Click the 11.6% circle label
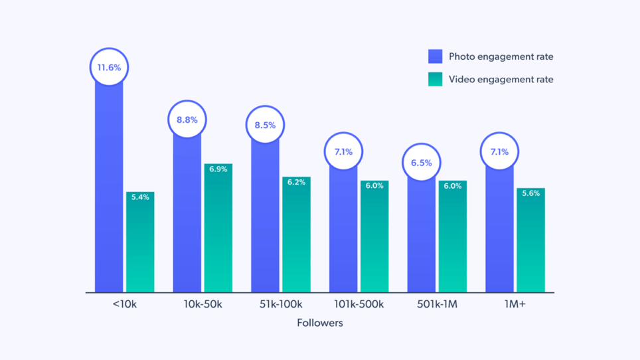click(109, 68)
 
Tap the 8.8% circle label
click(187, 120)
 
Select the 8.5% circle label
click(265, 125)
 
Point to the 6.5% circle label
click(421, 163)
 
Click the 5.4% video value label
click(140, 197)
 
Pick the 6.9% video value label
click(218, 169)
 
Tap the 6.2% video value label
click(296, 182)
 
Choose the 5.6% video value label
click(530, 193)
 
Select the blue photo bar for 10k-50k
click(187, 219)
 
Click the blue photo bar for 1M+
click(499, 232)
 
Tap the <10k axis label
click(125, 305)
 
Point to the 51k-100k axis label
click(281, 305)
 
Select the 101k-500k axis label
click(359, 305)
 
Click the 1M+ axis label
click(515, 305)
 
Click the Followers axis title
click(320, 323)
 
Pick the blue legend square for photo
click(435, 56)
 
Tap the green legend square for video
click(435, 79)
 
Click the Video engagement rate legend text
click(501, 79)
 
